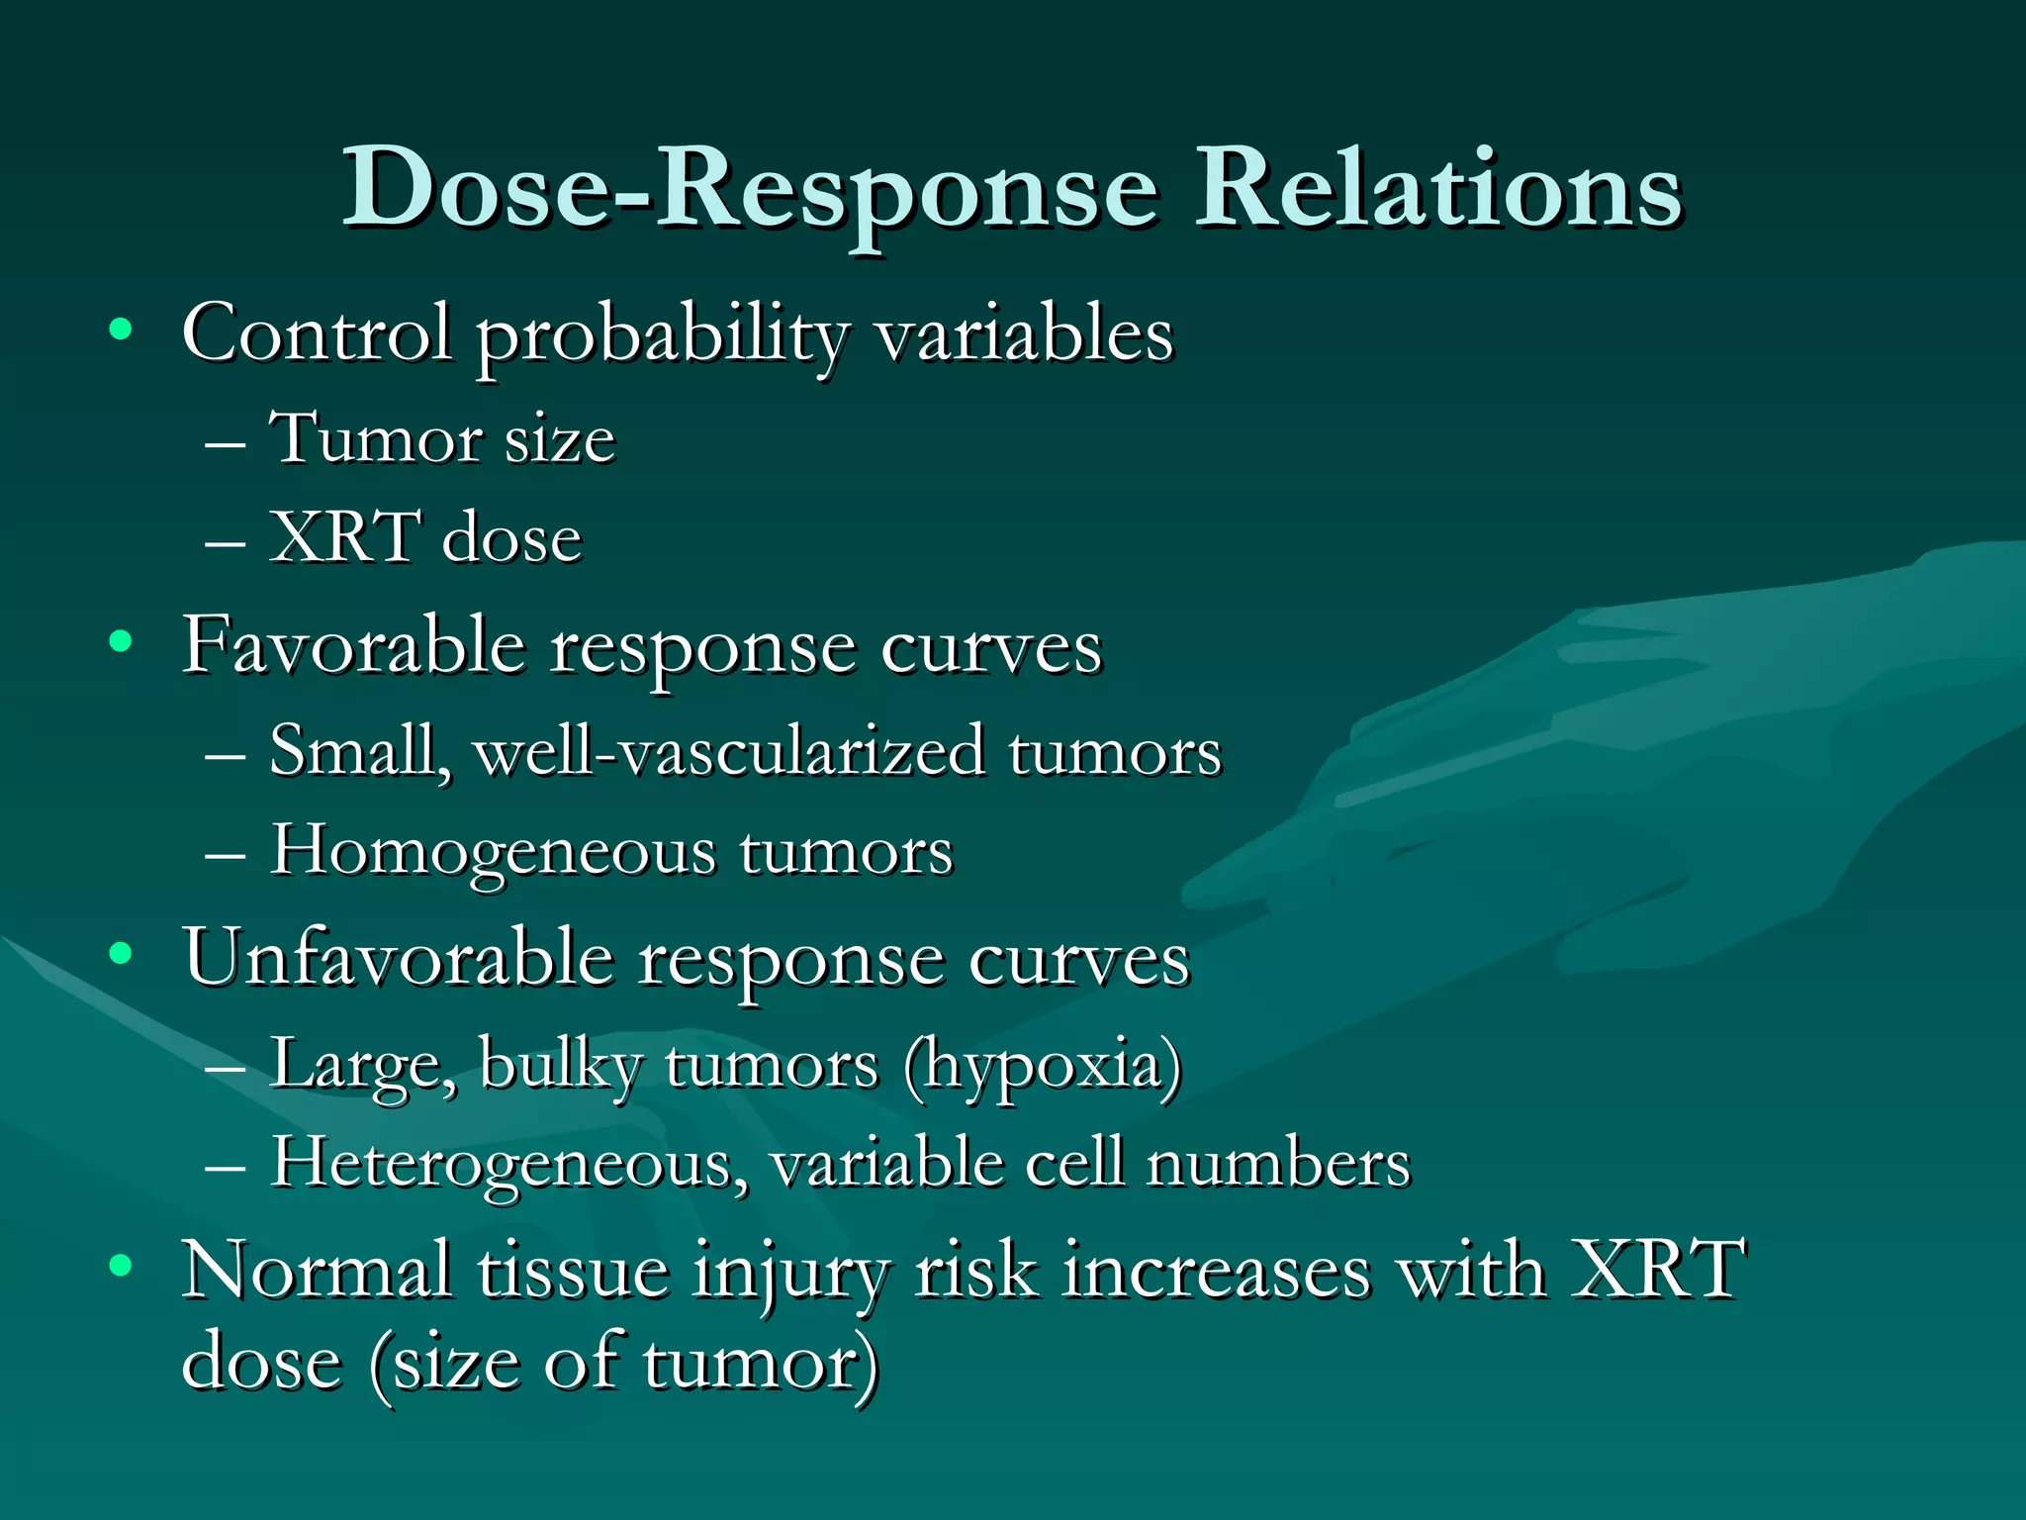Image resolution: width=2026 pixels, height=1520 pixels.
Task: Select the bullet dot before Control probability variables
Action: (x=121, y=330)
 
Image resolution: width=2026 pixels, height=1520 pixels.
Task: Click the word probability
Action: (x=663, y=336)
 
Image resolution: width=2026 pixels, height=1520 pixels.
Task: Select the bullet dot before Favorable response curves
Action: (x=121, y=642)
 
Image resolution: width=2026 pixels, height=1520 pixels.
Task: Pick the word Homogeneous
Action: (x=493, y=852)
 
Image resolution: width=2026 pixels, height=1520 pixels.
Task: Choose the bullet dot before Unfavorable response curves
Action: (x=121, y=954)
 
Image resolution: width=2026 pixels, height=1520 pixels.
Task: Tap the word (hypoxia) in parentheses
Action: (x=1043, y=1067)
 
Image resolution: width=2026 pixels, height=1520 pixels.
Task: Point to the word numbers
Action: (x=1278, y=1164)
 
